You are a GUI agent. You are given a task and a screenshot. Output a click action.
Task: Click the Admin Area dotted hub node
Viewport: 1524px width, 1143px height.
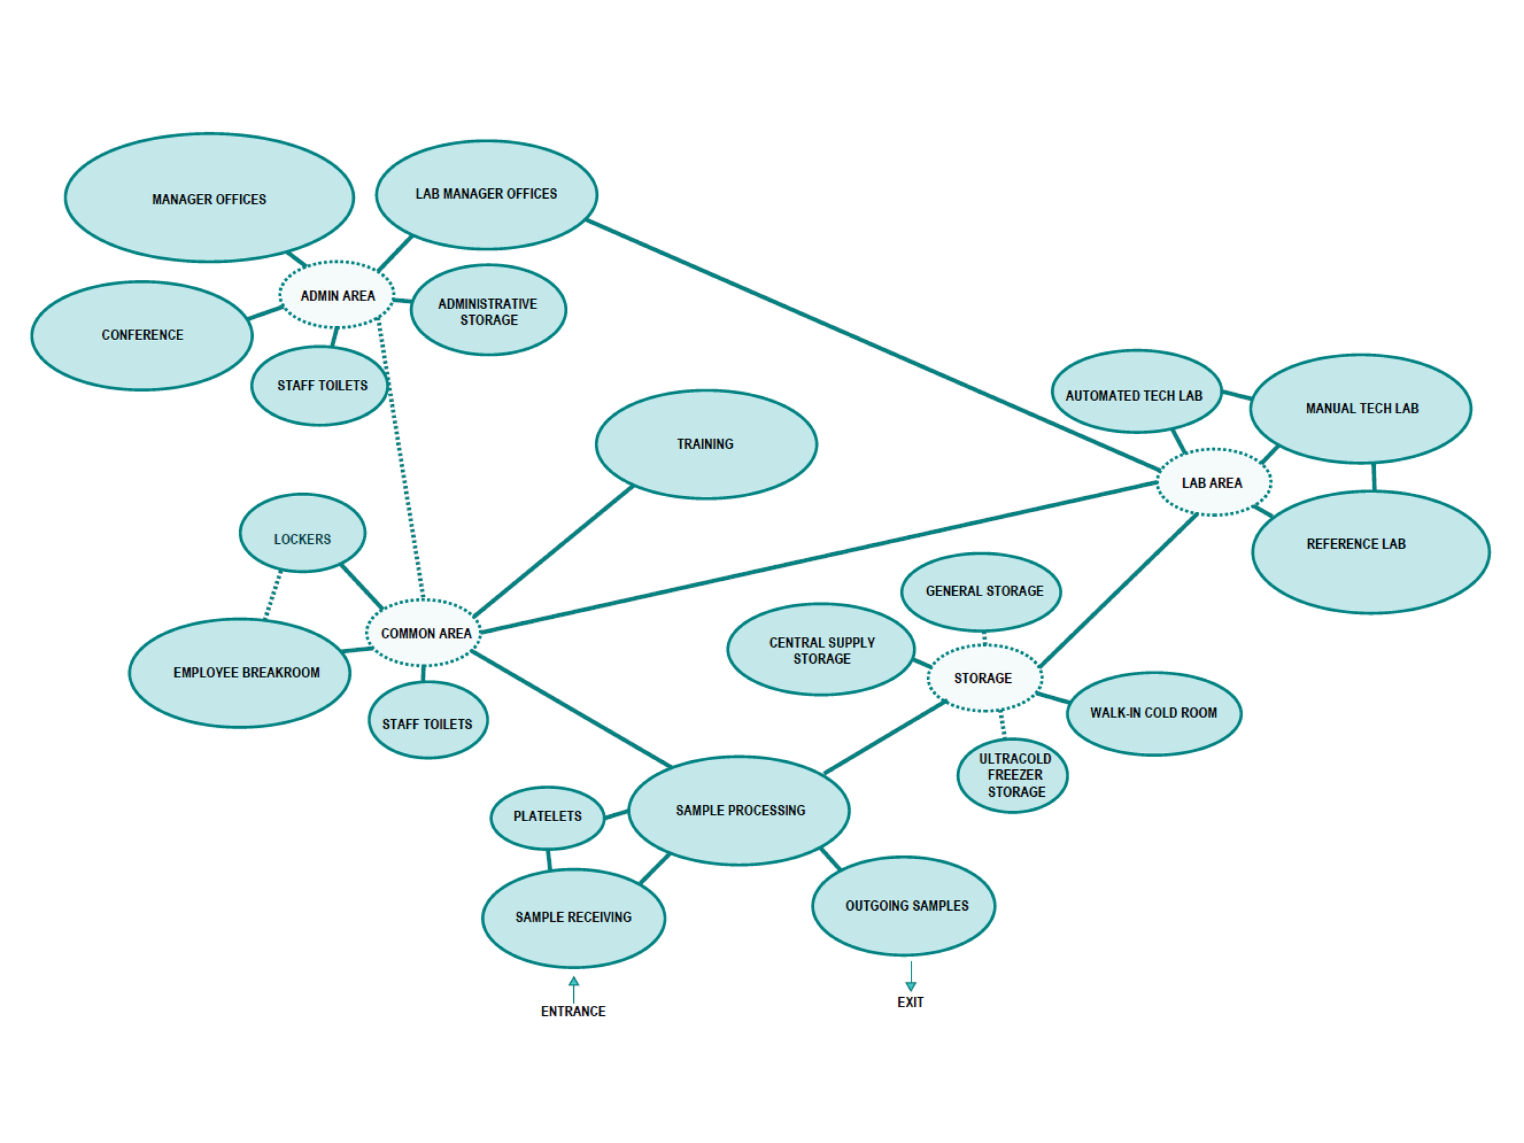(x=337, y=295)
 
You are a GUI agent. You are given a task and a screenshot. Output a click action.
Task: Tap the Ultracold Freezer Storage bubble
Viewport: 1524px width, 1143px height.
(x=1013, y=776)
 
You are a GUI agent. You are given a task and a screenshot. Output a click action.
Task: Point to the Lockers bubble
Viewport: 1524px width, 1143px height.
(x=302, y=533)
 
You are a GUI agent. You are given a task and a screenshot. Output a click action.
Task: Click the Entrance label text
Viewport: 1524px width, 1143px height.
(x=573, y=1011)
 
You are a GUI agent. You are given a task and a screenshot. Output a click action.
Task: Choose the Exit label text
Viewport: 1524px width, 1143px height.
(x=910, y=1002)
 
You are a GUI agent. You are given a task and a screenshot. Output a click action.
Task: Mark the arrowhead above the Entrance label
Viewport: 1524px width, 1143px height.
(x=574, y=981)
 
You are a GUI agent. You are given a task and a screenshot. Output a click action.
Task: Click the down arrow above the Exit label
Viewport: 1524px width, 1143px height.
(x=911, y=985)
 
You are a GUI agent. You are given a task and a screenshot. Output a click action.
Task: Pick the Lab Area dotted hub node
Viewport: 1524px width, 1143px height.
(x=1213, y=482)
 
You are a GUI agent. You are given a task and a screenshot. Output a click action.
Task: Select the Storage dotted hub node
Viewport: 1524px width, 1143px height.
(x=984, y=678)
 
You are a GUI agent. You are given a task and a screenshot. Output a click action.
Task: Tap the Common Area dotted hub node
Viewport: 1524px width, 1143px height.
(x=424, y=633)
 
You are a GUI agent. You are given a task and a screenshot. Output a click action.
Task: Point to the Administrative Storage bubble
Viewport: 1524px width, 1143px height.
(x=488, y=310)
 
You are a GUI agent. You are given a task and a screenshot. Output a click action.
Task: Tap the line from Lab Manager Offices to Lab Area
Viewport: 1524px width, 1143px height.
(x=872, y=345)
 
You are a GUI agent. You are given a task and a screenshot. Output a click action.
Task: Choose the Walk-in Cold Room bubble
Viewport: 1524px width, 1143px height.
(x=1154, y=714)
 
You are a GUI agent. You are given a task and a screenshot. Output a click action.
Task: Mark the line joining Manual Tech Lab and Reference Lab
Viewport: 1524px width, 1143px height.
(x=1374, y=477)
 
